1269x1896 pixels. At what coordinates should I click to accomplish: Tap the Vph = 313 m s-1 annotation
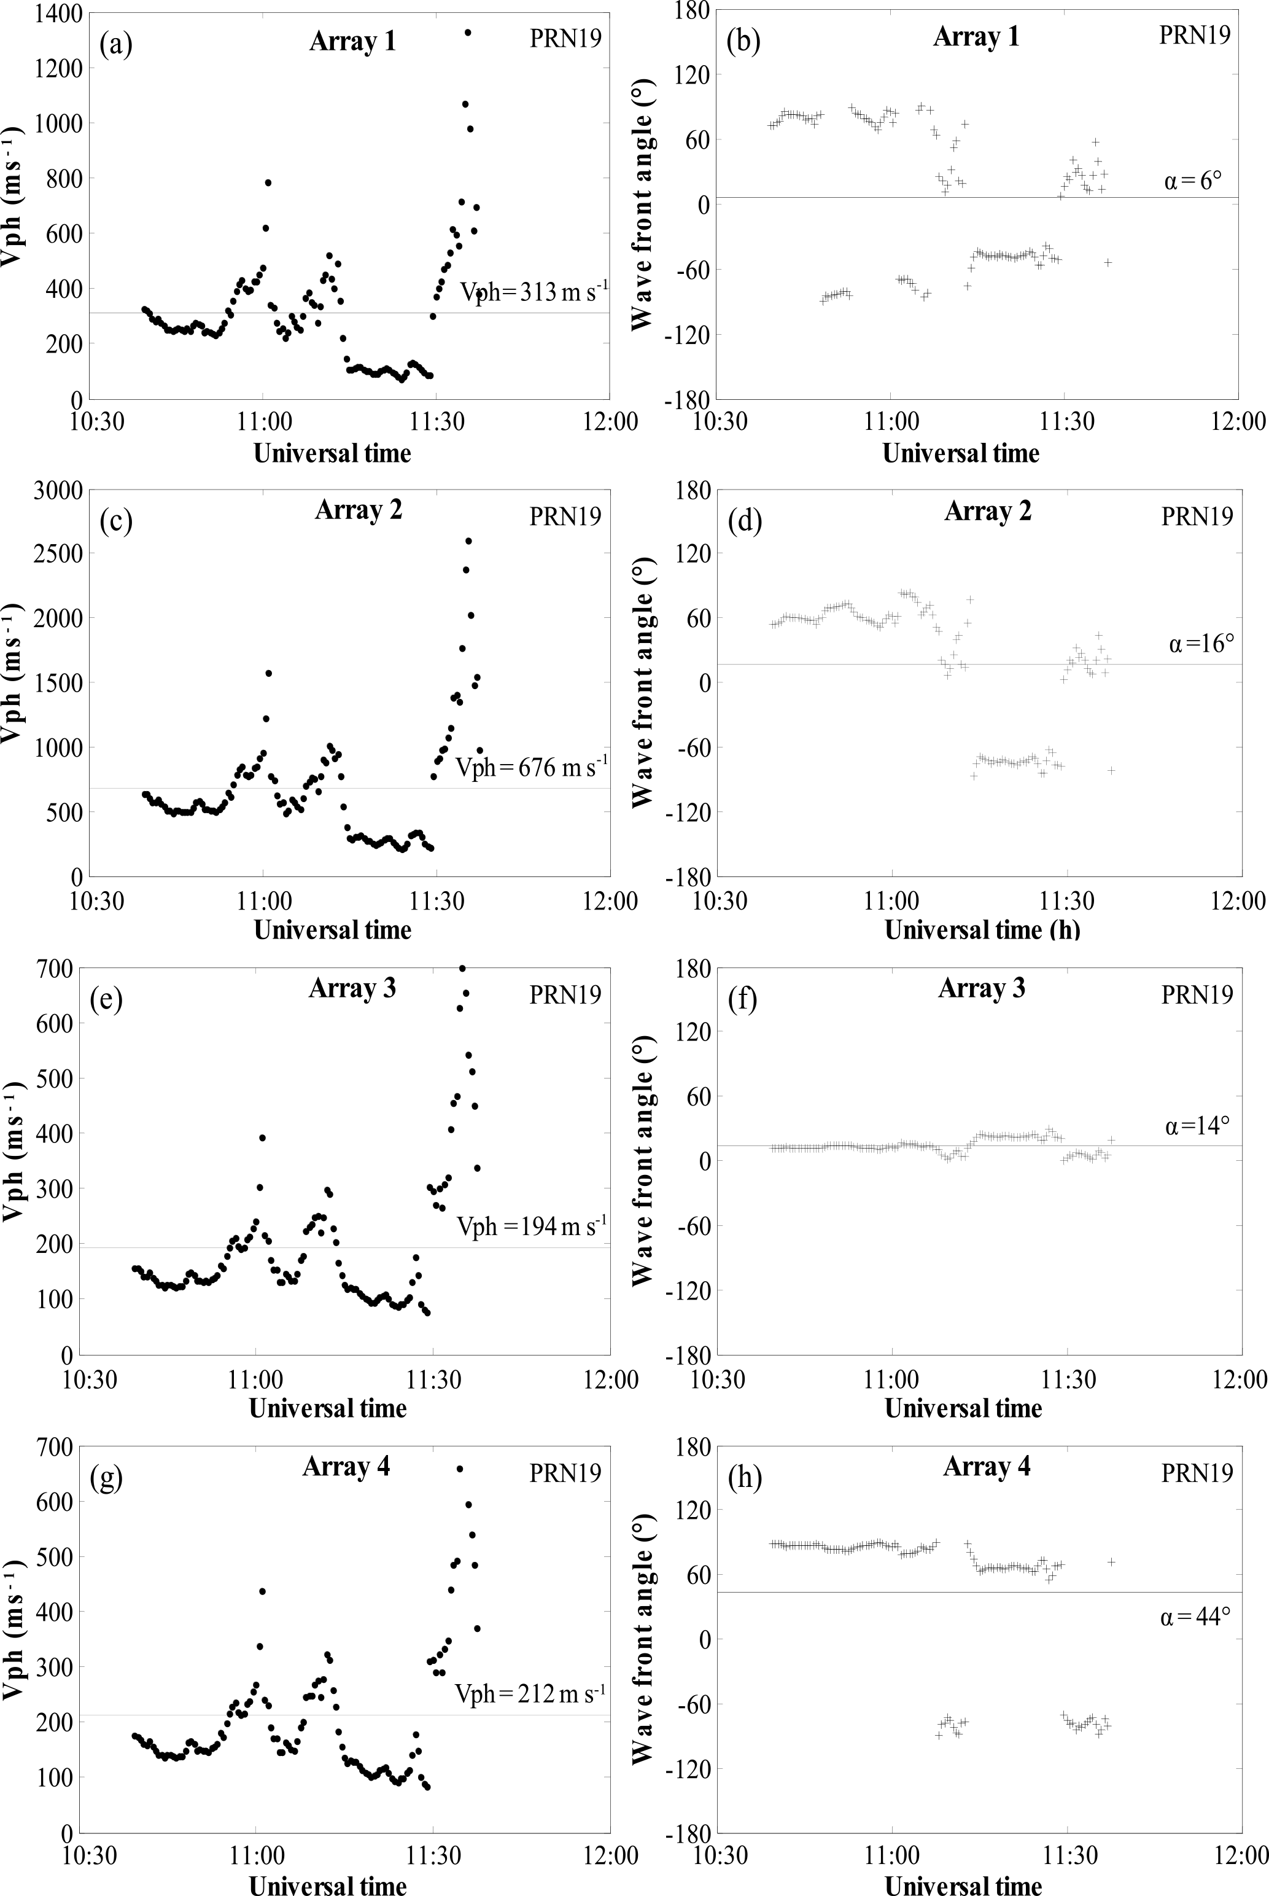click(x=534, y=292)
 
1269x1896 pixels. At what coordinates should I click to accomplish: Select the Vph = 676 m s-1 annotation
click(x=531, y=767)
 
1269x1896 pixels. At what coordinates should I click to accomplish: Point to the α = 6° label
click(x=1193, y=180)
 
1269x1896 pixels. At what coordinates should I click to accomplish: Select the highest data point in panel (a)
click(x=468, y=33)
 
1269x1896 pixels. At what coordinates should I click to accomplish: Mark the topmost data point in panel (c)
click(x=468, y=540)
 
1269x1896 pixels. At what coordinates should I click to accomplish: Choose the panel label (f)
click(x=743, y=999)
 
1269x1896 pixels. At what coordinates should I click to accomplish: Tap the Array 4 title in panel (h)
click(x=987, y=1466)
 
